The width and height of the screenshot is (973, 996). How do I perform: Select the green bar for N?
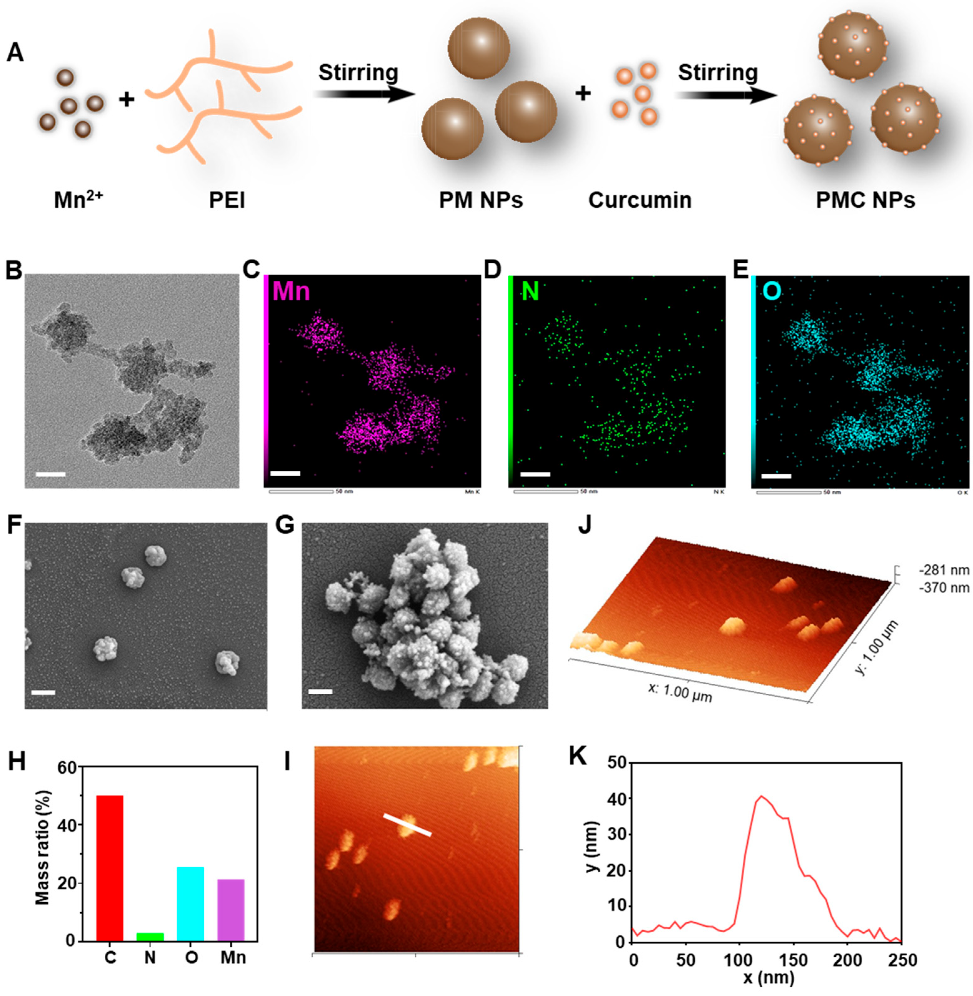tap(150, 936)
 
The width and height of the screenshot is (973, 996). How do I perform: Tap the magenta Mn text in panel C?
tap(291, 291)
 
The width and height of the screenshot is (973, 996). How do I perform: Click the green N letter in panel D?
tap(530, 291)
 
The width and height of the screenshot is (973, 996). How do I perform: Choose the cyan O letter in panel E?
tap(772, 291)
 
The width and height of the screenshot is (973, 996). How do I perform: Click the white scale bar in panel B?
tap(51, 474)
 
